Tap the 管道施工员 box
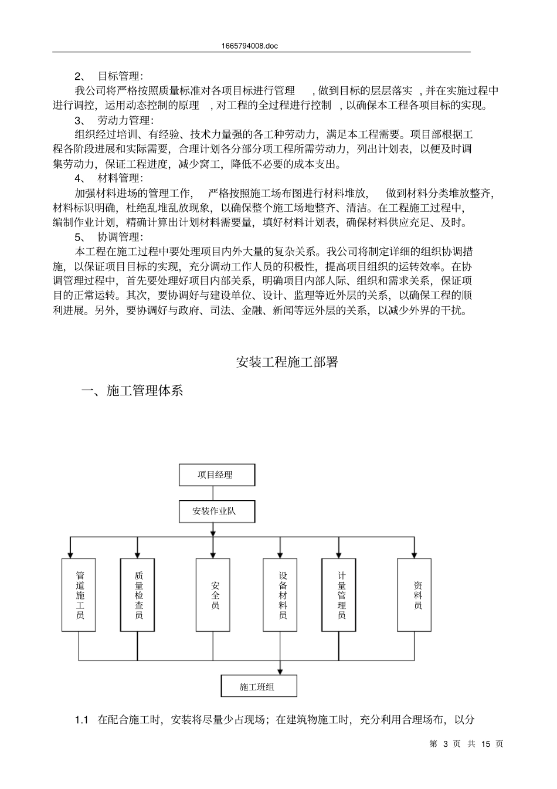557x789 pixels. point(79,594)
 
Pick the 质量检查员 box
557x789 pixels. point(137,594)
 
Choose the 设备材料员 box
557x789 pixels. point(280,594)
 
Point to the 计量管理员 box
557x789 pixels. point(339,594)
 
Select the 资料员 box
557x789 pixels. point(414,594)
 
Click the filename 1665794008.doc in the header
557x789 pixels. point(250,46)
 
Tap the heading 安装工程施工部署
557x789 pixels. point(287,362)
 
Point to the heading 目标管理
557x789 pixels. point(119,76)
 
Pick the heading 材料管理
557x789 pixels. point(119,178)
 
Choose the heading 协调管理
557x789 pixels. point(119,237)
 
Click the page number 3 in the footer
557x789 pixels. point(446,744)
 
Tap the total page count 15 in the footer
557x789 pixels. point(485,744)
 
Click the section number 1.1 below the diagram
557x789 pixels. point(81,720)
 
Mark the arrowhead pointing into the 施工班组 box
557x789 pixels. point(280,671)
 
